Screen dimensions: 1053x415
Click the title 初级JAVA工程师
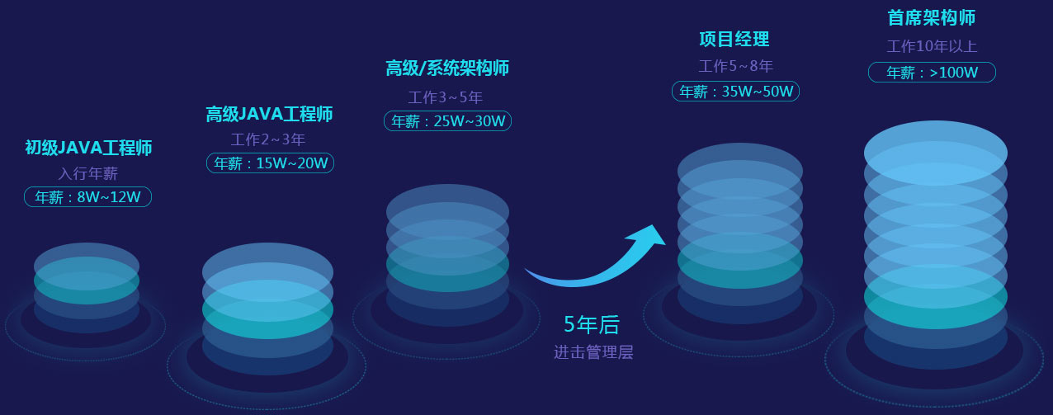(x=88, y=148)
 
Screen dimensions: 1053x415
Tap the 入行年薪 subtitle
(x=88, y=173)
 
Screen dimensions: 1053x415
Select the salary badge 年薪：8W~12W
(x=88, y=197)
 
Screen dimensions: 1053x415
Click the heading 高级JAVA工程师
(x=269, y=114)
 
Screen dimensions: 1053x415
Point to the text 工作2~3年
(x=268, y=139)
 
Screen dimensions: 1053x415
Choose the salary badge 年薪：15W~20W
(x=271, y=163)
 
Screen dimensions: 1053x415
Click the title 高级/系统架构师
(x=447, y=68)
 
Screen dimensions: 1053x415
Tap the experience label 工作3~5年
(x=445, y=97)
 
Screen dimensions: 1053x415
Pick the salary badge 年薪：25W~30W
(x=447, y=120)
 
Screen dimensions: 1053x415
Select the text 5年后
(x=592, y=324)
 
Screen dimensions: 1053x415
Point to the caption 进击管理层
(x=593, y=352)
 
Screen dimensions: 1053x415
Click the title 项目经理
(x=734, y=39)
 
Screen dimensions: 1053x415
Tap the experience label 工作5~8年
(x=735, y=66)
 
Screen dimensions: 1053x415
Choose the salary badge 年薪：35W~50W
(x=735, y=92)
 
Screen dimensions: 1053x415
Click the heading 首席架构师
(x=932, y=18)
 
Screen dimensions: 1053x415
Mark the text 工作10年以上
(x=932, y=46)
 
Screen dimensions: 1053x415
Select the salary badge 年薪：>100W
(x=932, y=73)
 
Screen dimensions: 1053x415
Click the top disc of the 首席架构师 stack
(x=936, y=153)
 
